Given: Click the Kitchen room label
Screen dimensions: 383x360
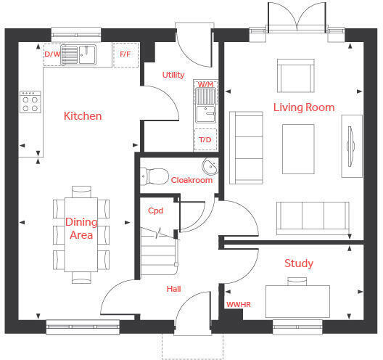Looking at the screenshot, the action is pyautogui.click(x=83, y=116).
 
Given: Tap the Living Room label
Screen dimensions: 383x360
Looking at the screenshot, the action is pyautogui.click(x=304, y=107).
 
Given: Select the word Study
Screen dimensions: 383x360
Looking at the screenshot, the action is pyautogui.click(x=299, y=263).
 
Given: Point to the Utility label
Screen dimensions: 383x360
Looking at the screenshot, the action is pyautogui.click(x=173, y=75).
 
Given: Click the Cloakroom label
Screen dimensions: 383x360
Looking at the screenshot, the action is pyautogui.click(x=191, y=180).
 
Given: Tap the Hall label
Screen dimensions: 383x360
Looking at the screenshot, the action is pyautogui.click(x=173, y=289).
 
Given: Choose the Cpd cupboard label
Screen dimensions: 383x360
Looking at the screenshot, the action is pyautogui.click(x=155, y=210).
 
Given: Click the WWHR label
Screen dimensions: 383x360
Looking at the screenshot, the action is pyautogui.click(x=239, y=305).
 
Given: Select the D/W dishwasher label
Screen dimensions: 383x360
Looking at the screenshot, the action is pyautogui.click(x=52, y=54).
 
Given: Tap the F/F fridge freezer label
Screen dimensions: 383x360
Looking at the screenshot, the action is pyautogui.click(x=125, y=54).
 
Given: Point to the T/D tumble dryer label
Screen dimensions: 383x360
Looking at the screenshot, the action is pyautogui.click(x=205, y=140).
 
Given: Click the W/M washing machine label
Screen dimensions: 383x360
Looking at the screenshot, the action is pyautogui.click(x=205, y=85).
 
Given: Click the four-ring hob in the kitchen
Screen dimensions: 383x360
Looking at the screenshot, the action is pyautogui.click(x=30, y=102).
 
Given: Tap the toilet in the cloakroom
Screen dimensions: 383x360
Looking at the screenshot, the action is pyautogui.click(x=155, y=176).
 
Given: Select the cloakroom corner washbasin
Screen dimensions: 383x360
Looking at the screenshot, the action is pyautogui.click(x=210, y=166).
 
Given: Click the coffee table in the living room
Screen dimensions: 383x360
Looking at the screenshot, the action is pyautogui.click(x=298, y=149).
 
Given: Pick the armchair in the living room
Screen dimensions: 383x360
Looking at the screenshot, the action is pyautogui.click(x=295, y=75).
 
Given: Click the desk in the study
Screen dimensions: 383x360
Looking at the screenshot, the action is pyautogui.click(x=297, y=302).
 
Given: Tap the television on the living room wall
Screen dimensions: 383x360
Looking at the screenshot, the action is pyautogui.click(x=350, y=147).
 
